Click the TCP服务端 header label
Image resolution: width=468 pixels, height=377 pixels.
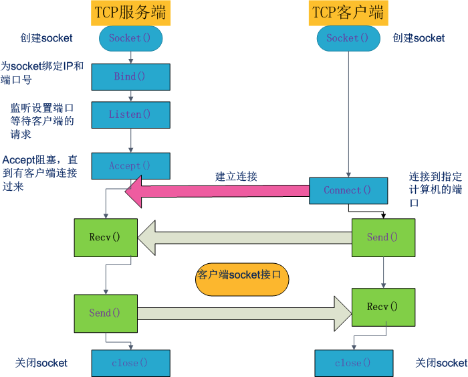click(131, 13)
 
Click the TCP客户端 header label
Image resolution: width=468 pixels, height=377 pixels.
click(348, 13)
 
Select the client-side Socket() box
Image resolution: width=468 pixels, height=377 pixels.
click(348, 38)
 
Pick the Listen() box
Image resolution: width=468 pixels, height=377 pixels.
click(130, 115)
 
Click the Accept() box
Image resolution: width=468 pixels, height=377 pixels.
click(130, 165)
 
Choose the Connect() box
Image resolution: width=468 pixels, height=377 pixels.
click(348, 190)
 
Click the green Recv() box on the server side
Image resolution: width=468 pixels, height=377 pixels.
click(105, 238)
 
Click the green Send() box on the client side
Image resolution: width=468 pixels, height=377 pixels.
click(383, 238)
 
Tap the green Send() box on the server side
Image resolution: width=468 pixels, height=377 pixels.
click(105, 313)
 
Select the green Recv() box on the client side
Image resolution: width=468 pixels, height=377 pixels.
click(383, 307)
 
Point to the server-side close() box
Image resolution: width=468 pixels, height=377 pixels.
click(130, 363)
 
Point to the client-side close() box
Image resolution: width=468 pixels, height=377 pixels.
click(352, 363)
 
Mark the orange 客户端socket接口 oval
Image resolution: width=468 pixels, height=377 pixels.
click(242, 275)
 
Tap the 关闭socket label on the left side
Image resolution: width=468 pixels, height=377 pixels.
click(41, 363)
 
